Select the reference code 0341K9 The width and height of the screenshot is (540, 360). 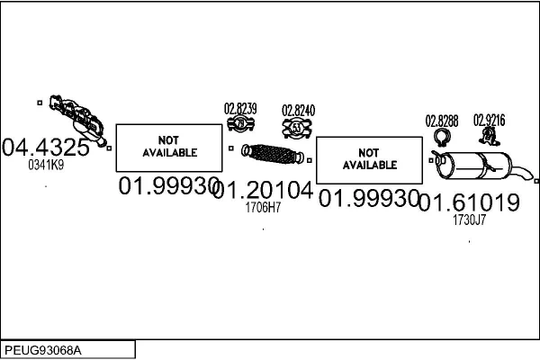[x=46, y=165]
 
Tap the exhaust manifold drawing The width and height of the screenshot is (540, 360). [x=77, y=115]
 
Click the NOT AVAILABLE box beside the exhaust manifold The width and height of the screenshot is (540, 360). [x=169, y=147]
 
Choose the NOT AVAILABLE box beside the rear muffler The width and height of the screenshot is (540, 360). [x=369, y=159]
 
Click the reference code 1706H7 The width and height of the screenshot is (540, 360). [x=263, y=207]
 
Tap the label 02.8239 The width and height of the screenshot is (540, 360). [x=240, y=109]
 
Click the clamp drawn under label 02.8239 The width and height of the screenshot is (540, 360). [x=240, y=126]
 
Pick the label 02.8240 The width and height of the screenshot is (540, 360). [x=299, y=111]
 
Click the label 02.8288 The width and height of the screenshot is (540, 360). [x=442, y=120]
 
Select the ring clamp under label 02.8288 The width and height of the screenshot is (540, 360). [x=442, y=138]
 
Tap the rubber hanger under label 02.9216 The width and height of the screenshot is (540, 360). [x=490, y=136]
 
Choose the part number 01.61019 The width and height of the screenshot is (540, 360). [x=469, y=202]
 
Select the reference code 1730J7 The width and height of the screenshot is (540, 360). [x=469, y=219]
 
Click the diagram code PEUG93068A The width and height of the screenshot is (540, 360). [x=44, y=349]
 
